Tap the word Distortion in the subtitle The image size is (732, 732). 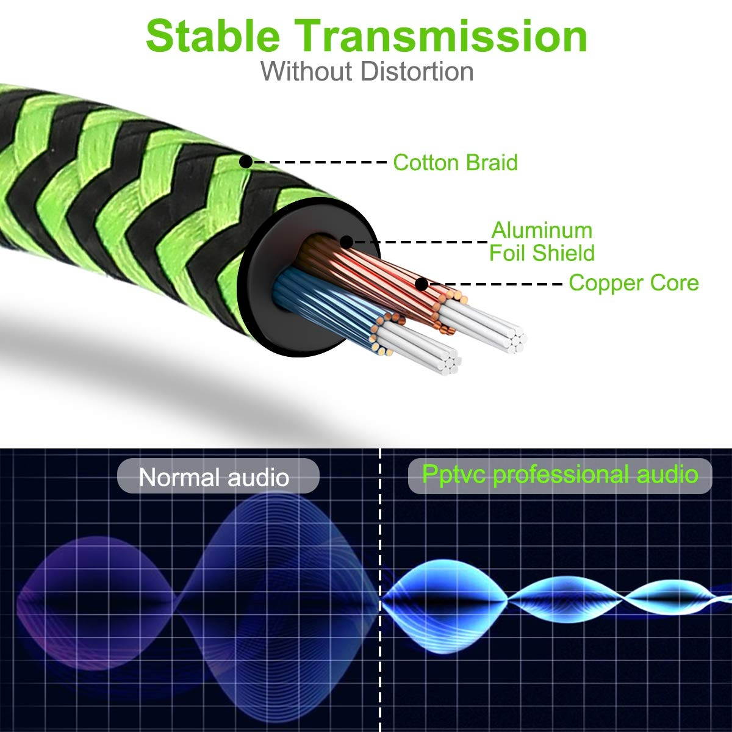[x=417, y=71]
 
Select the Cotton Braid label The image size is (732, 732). [x=455, y=162]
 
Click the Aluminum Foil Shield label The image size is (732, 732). [x=542, y=242]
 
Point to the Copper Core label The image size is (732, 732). [x=633, y=283]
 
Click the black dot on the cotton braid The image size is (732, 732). [x=245, y=162]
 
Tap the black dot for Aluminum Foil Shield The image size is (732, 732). [x=346, y=242]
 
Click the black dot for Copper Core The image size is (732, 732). [x=421, y=284]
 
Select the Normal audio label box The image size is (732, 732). [x=218, y=476]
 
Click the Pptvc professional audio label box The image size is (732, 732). [x=559, y=475]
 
